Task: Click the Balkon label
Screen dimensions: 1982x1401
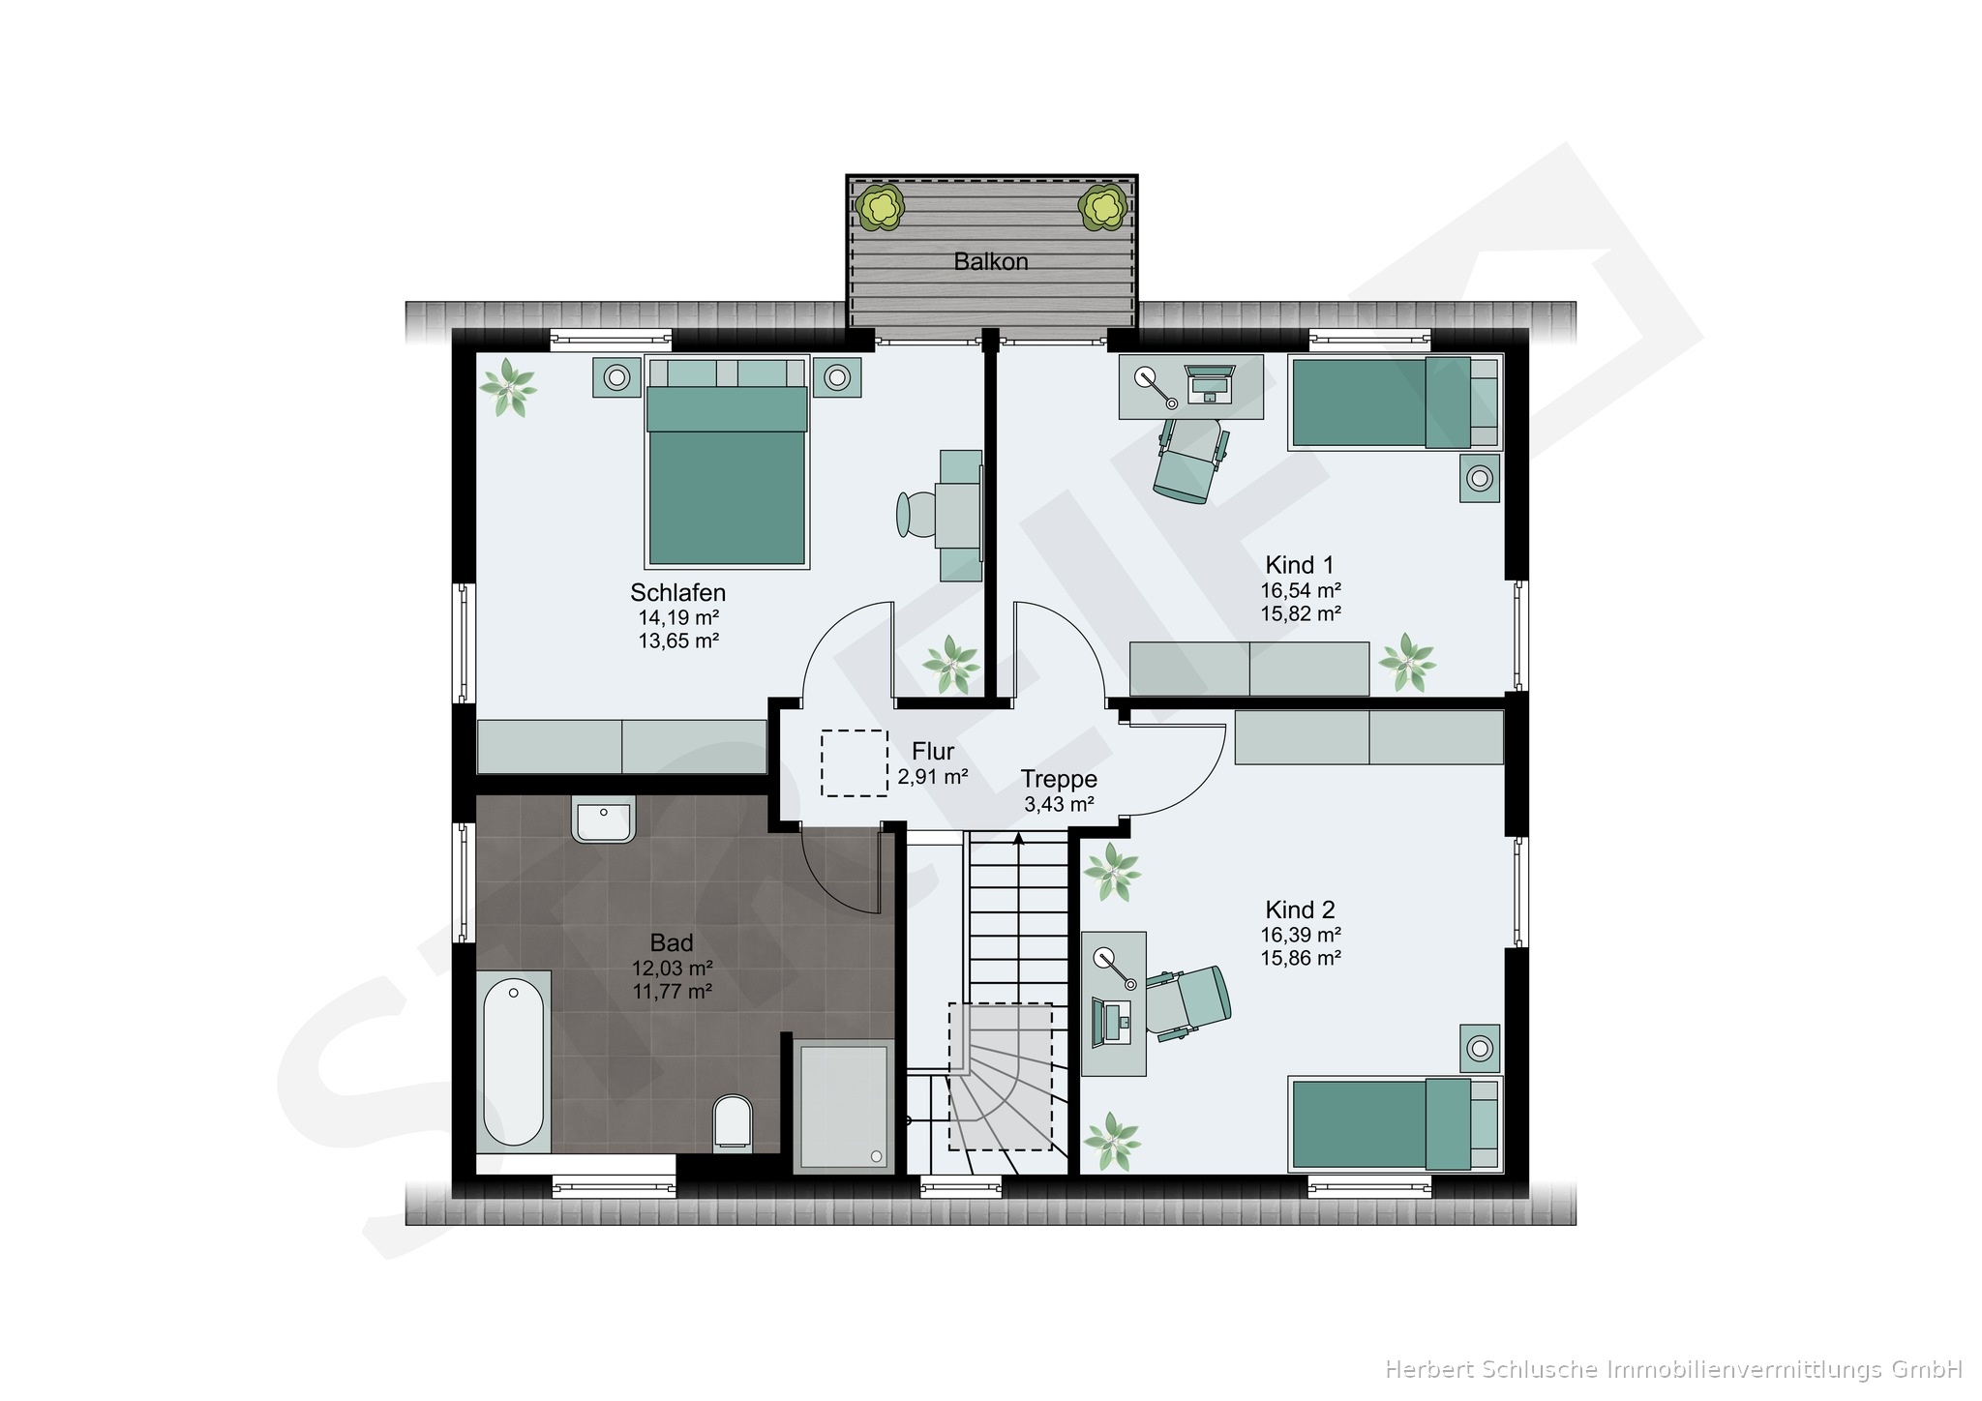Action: [990, 261]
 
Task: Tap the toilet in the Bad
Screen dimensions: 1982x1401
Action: [732, 1122]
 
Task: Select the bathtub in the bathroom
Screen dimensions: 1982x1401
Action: [513, 1062]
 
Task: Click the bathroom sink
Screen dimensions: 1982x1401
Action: [604, 820]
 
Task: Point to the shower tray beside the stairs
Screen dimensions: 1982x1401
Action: [843, 1106]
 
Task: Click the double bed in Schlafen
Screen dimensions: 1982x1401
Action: [727, 462]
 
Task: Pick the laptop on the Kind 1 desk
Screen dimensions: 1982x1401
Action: [1210, 383]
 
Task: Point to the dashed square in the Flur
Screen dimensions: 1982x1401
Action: [855, 763]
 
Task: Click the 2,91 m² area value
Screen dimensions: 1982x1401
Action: [933, 776]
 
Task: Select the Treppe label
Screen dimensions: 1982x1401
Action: [1059, 779]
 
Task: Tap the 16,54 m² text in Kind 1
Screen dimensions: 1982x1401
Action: [1300, 589]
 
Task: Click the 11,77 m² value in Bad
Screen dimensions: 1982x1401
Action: [672, 991]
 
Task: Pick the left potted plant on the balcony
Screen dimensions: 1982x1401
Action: [880, 207]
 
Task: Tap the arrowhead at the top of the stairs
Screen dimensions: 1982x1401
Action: [1018, 839]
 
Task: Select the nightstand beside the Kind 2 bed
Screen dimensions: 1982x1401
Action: [1479, 1048]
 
